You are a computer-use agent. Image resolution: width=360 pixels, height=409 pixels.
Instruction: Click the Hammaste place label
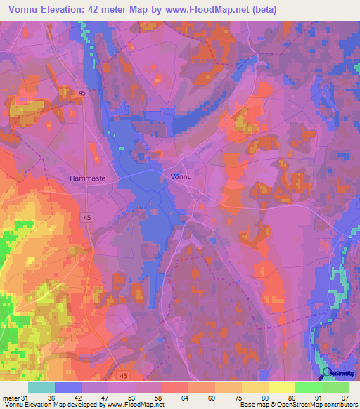[87, 178]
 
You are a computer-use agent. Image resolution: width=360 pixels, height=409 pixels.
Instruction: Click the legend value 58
[163, 398]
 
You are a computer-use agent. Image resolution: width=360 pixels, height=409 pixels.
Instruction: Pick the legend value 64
[190, 398]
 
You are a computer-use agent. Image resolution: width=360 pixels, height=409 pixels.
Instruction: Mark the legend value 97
[345, 398]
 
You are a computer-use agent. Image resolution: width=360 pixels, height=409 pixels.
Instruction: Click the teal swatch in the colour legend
[41, 387]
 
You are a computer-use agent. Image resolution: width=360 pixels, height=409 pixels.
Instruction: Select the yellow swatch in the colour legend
[281, 387]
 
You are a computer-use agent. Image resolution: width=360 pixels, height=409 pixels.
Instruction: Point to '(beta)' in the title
[264, 10]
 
